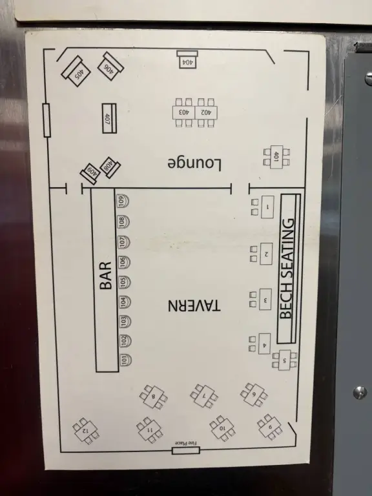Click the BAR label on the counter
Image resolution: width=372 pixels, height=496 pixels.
tap(106, 276)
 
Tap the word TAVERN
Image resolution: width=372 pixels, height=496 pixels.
tap(194, 305)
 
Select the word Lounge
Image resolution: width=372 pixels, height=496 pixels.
tap(194, 164)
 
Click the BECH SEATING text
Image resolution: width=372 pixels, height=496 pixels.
tap(287, 269)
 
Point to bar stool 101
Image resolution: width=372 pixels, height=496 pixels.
tap(125, 360)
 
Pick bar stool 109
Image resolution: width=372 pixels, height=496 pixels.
tap(123, 201)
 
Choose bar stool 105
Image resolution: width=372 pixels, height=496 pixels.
tap(124, 281)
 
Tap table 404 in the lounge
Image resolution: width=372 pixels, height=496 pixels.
tap(187, 59)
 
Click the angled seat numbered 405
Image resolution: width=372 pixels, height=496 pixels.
tap(76, 72)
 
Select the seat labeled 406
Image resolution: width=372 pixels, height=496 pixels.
tap(110, 67)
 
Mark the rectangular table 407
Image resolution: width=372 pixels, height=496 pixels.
tap(109, 118)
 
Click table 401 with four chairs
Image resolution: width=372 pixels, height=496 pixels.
tap(276, 157)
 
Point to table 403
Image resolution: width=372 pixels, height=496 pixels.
tap(184, 112)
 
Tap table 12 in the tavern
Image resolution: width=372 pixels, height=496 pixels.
tap(85, 431)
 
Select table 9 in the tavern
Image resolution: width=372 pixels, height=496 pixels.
tap(270, 427)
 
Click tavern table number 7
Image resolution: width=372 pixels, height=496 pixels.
tap(204, 396)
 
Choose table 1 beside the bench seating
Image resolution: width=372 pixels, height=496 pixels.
tap(267, 207)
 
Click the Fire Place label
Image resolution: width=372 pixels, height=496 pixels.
tap(186, 443)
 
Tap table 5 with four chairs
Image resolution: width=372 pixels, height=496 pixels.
tap(284, 360)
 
